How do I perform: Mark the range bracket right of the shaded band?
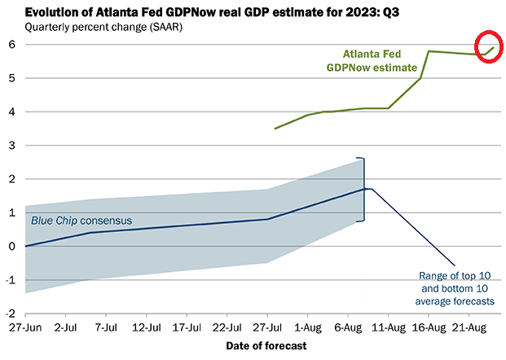click(x=363, y=189)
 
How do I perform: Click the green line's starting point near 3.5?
click(x=275, y=128)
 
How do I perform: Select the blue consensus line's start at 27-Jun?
click(x=25, y=246)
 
